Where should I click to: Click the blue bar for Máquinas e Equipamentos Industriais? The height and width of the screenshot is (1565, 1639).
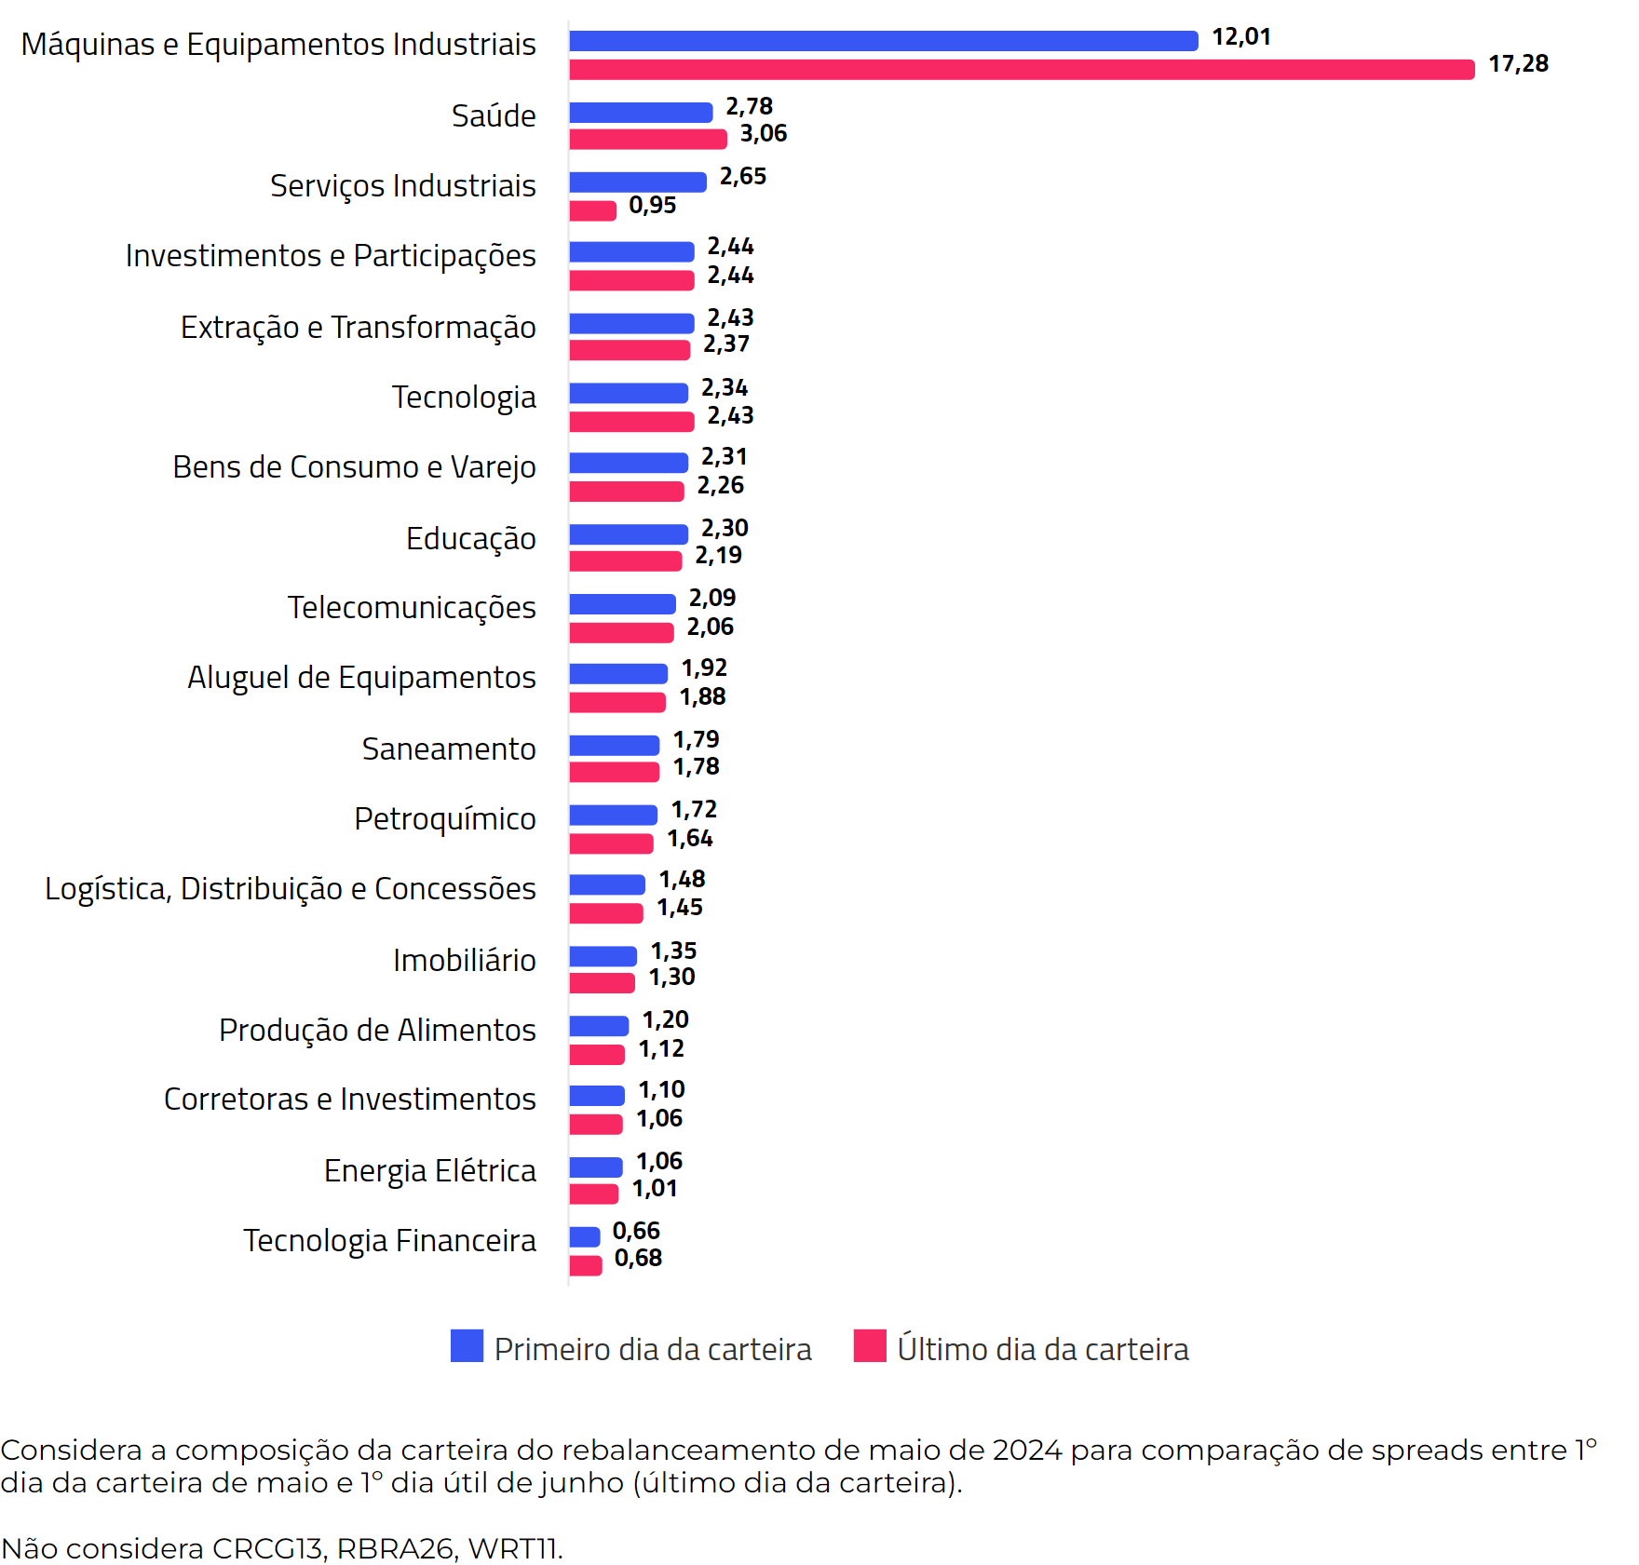883,41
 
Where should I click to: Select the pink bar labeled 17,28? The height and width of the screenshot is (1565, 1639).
1022,70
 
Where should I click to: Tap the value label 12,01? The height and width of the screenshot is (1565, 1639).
1240,37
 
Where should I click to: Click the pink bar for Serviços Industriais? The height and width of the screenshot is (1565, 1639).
592,211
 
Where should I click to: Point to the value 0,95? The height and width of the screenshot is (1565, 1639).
652,205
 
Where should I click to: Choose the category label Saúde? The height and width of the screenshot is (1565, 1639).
494,116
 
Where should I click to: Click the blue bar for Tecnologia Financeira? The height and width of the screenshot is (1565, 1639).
585,1237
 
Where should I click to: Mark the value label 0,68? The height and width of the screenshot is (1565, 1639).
638,1259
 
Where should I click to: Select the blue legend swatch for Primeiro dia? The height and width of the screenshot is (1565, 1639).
467,1346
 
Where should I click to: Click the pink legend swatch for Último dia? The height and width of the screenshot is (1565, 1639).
870,1346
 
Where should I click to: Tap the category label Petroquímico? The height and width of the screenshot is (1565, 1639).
445,819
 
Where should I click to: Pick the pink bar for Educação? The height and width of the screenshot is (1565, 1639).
625,561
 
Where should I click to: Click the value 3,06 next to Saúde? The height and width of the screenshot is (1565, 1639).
763,134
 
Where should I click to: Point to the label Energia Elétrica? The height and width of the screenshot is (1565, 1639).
429,1171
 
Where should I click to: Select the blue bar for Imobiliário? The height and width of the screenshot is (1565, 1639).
603,956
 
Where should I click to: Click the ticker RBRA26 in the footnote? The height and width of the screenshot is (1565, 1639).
397,1548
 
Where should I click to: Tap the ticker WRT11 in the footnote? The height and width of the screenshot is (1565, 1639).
514,1548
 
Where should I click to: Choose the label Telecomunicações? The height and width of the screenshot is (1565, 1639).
412,608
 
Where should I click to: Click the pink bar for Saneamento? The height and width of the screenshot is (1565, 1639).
614,772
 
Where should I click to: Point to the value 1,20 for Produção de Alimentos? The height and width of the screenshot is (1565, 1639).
665,1020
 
